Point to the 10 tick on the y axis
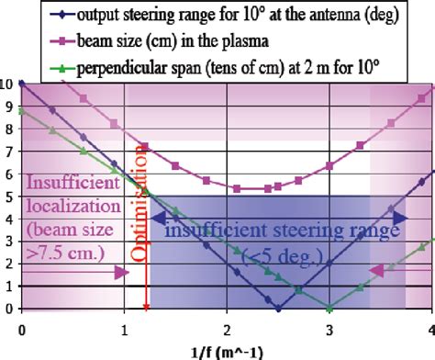(x=6, y=84)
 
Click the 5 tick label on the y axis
(x=8, y=196)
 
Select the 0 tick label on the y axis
(x=8, y=309)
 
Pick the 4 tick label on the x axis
(x=429, y=326)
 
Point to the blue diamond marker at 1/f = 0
(x=21, y=84)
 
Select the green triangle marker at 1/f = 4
(x=431, y=241)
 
